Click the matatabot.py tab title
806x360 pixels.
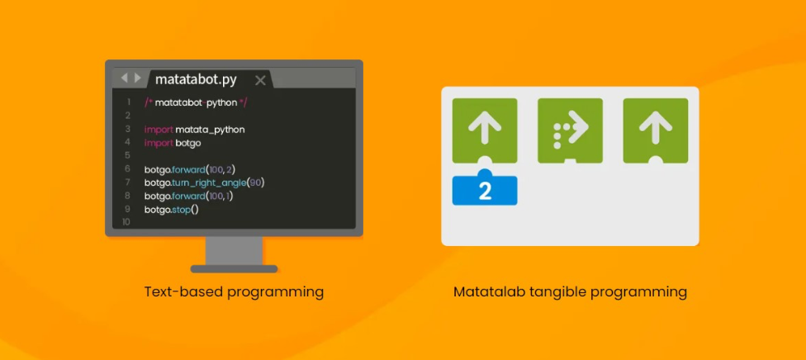point(196,80)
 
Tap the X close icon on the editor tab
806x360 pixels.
point(261,80)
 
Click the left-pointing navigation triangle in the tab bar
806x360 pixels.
point(124,78)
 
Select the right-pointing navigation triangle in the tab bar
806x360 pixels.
point(137,78)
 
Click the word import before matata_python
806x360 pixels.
point(159,130)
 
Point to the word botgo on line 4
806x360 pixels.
point(188,143)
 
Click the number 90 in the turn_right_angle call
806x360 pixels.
point(255,182)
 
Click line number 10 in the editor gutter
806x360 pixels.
point(126,222)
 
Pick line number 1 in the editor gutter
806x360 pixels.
point(128,102)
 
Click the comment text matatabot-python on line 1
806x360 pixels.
point(196,102)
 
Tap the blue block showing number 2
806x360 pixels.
point(485,189)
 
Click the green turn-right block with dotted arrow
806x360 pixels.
point(570,130)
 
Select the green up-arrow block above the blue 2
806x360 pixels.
point(485,130)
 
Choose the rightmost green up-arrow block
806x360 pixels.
point(656,130)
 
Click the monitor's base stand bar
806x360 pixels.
point(234,269)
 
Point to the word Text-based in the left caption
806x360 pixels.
point(183,292)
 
